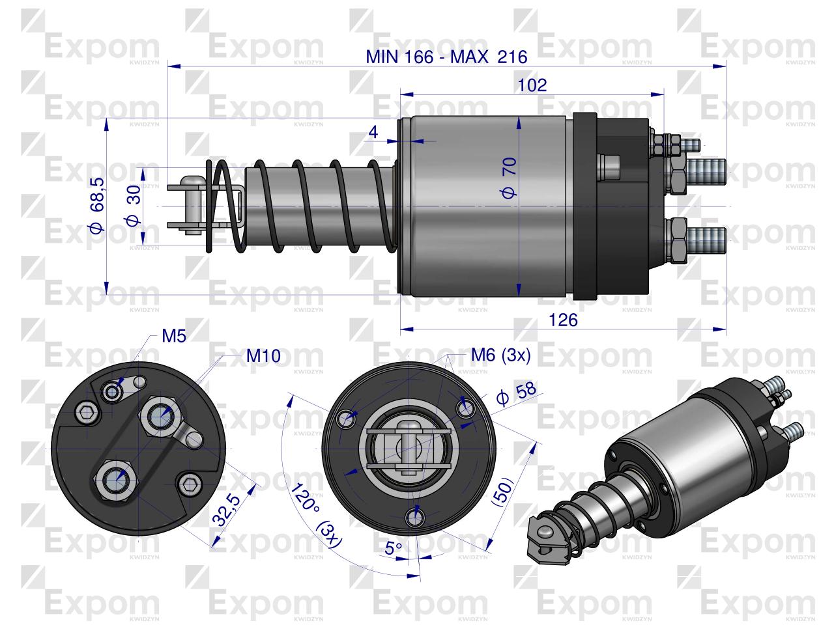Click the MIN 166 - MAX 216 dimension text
[x=446, y=57]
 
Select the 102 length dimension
[x=532, y=85]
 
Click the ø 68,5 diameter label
[x=96, y=205]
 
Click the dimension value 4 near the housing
[x=373, y=132]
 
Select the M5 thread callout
[x=174, y=337]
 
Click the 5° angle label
[x=394, y=549]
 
